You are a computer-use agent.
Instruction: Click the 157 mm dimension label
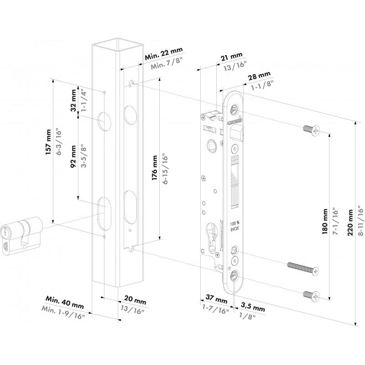click(48, 142)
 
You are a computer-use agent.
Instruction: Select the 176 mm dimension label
click(154, 168)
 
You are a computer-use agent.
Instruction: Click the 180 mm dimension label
click(325, 221)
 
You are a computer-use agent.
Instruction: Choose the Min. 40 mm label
click(64, 302)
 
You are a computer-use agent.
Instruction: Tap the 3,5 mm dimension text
click(253, 307)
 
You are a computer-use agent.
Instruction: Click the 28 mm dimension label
click(259, 76)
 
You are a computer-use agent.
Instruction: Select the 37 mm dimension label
click(216, 299)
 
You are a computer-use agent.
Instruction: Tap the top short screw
click(311, 130)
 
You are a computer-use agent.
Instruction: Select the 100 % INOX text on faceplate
click(235, 226)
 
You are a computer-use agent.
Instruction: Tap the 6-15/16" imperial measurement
click(165, 168)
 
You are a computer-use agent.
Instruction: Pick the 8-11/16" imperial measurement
click(361, 221)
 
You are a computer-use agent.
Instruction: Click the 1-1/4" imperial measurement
click(83, 100)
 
